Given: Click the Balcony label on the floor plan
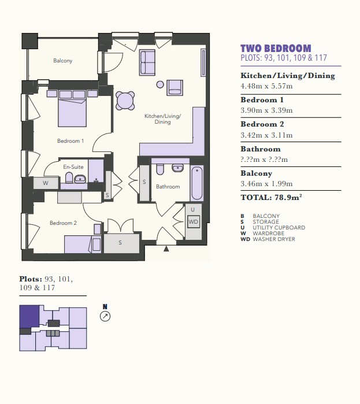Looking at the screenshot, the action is tap(63, 61).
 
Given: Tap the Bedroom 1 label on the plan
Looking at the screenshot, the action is tap(70, 141).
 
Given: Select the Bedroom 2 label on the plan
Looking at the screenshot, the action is tap(63, 223).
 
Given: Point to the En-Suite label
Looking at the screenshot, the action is tap(73, 167).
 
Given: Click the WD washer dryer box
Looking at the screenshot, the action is tap(194, 222).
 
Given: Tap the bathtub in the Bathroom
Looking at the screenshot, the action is tap(197, 183).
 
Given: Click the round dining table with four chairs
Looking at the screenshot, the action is tap(125, 101).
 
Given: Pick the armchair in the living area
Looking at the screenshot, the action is tap(175, 88).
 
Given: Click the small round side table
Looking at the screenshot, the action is tap(160, 84).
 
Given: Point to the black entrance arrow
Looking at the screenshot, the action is tap(166, 249).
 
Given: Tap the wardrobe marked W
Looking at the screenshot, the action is tap(46, 183).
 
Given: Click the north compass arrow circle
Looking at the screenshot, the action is tap(105, 316).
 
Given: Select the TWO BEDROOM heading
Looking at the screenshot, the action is tap(276, 49).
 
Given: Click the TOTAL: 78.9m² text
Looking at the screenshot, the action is tap(271, 197).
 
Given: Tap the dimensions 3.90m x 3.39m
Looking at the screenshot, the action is tap(266, 110).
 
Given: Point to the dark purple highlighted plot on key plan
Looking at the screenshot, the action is tap(29, 317).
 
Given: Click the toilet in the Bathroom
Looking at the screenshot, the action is tap(160, 169).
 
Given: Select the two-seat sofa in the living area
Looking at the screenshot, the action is tap(147, 62).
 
